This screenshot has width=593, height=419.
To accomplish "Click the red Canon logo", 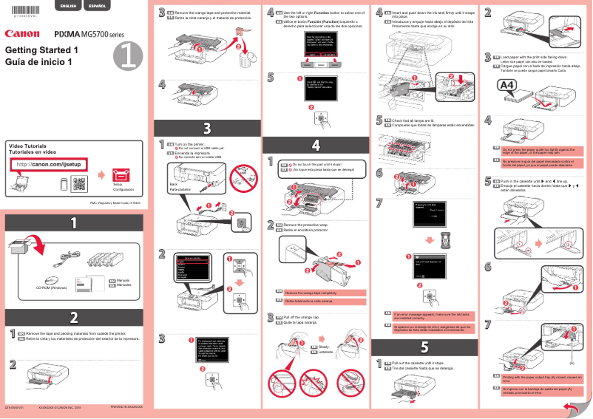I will (x=21, y=33).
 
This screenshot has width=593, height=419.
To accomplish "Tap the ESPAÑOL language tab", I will (x=96, y=7).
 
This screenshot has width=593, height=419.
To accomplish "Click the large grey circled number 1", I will (x=130, y=55).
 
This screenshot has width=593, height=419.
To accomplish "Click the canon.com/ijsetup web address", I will (x=47, y=164).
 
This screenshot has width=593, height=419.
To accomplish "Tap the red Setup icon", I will (x=121, y=175).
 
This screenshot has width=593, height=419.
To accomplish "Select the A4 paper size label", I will (x=506, y=86).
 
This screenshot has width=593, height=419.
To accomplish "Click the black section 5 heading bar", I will (x=424, y=346).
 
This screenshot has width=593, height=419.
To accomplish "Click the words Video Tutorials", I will (x=27, y=146).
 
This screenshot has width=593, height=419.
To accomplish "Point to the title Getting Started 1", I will (x=41, y=50).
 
